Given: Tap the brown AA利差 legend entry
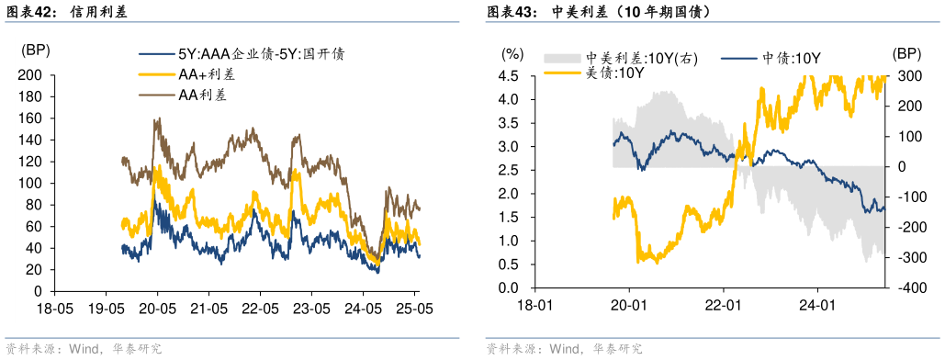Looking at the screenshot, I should point(203,95).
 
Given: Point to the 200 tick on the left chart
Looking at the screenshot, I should point(31,74).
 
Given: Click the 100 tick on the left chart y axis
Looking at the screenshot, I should point(31,183).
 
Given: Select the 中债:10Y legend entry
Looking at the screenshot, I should point(791,59).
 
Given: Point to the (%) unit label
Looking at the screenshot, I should point(512,54).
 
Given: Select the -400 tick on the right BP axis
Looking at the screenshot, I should point(907,288).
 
